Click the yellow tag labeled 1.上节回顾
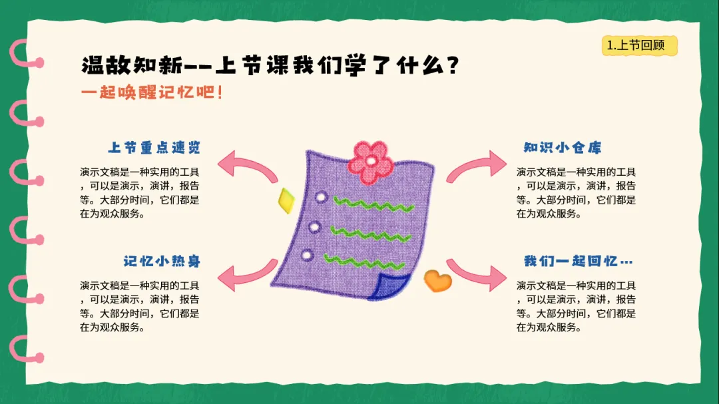640,45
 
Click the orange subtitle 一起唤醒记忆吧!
152,93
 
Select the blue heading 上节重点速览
154,148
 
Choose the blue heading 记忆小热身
162,262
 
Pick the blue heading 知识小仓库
563,148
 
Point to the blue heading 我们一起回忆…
579,262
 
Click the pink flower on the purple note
371,162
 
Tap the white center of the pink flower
371,162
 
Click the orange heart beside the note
437,280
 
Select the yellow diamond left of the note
286,200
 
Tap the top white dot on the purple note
321,198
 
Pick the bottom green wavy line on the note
364,263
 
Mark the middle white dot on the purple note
314,227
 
